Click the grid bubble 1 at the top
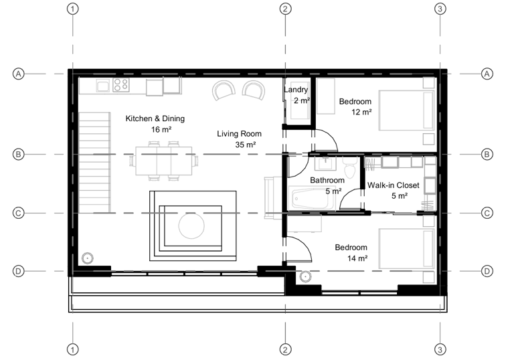(x=72, y=9)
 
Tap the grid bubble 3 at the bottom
(x=440, y=349)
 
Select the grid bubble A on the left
(x=18, y=74)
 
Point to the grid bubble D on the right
(x=487, y=271)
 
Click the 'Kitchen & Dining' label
(x=155, y=118)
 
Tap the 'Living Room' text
(x=240, y=134)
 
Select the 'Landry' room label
(x=296, y=90)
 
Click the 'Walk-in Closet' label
(x=393, y=185)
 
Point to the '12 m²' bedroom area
(x=361, y=112)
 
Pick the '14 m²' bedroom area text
(x=357, y=258)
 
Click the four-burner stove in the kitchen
(x=121, y=85)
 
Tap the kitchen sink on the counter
(x=103, y=86)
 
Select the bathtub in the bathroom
(x=311, y=198)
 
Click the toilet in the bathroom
(x=350, y=167)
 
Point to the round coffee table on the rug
(x=191, y=226)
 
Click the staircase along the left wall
(x=94, y=163)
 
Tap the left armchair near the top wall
(x=224, y=90)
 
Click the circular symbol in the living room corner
(x=88, y=258)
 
